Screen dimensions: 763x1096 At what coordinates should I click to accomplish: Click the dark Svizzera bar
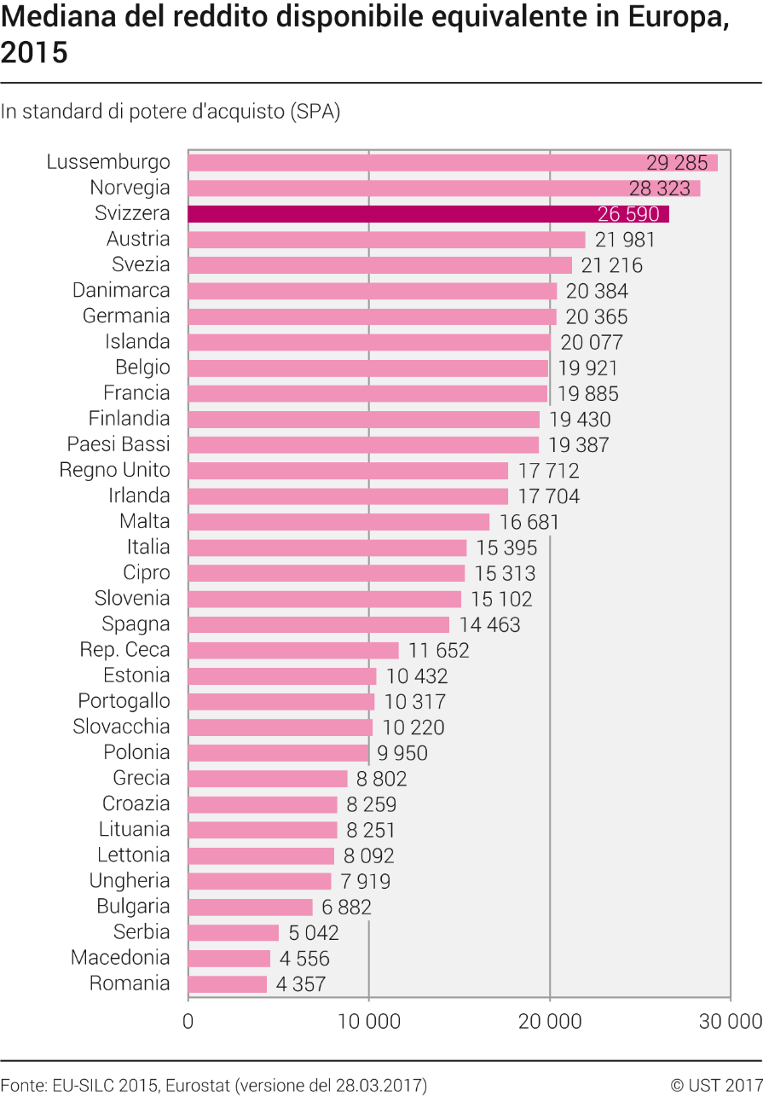429,214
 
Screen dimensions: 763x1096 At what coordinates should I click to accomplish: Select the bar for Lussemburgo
453,163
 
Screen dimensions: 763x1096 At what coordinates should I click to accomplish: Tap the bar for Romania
228,984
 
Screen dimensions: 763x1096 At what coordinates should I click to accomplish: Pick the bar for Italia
327,548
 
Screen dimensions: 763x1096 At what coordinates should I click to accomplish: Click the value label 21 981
625,240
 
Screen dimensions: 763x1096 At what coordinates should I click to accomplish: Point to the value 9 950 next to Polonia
402,753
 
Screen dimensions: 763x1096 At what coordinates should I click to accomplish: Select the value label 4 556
304,959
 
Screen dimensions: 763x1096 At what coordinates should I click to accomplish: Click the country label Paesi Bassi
118,444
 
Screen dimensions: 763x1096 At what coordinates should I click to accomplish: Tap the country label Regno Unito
114,470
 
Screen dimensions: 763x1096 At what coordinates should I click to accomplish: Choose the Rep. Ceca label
124,650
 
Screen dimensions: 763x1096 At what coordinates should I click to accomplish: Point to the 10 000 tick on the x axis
369,1022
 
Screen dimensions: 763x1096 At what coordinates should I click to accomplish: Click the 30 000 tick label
731,1022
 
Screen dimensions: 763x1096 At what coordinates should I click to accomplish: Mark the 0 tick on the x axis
188,1022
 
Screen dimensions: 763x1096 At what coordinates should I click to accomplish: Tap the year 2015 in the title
34,52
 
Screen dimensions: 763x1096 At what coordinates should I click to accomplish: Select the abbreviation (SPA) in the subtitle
315,112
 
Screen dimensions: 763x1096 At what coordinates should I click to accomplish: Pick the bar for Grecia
268,779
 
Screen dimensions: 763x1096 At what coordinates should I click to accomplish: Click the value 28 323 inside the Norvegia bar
659,188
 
